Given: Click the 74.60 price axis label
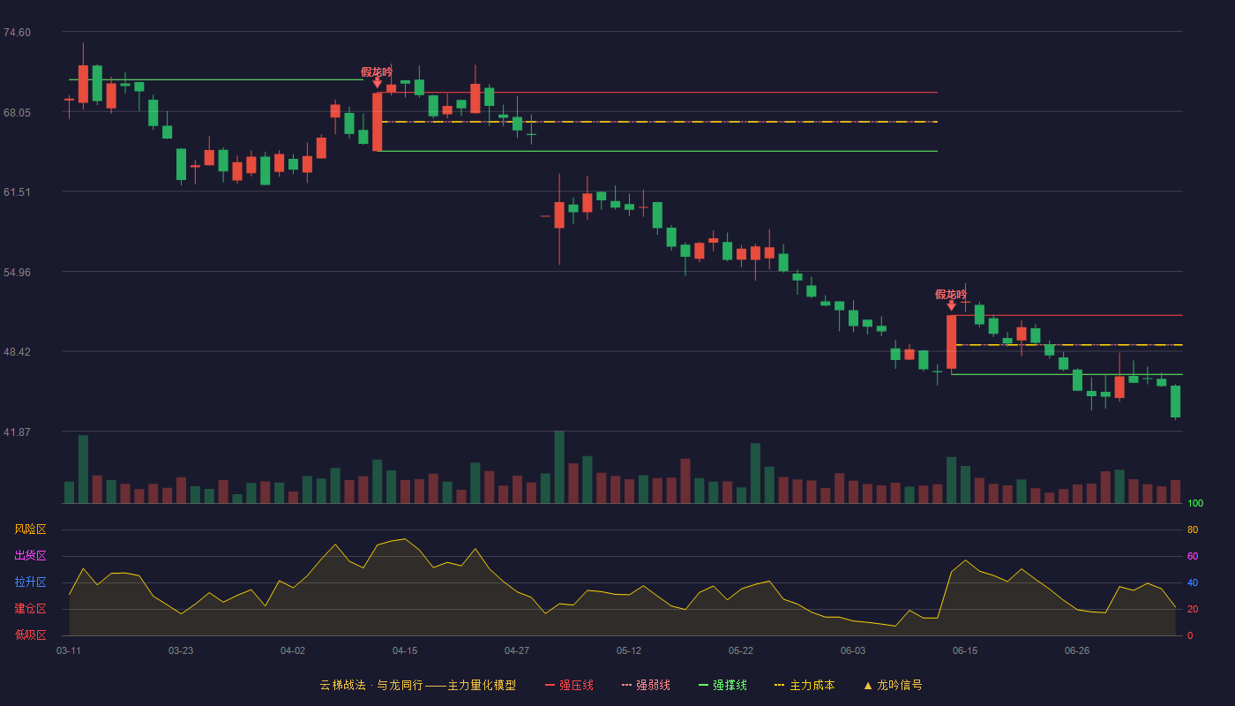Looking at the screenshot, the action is (17, 33).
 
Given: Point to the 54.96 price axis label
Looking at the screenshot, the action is (17, 273).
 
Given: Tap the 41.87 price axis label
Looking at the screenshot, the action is (17, 432).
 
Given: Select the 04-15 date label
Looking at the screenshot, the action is (405, 651).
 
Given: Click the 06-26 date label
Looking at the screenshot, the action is (1077, 651).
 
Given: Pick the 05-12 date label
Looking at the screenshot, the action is (628, 651).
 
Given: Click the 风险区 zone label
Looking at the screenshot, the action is (30, 529).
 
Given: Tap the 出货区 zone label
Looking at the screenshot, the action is (30, 555).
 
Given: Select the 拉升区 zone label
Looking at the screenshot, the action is (30, 582).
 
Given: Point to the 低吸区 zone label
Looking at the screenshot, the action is (30, 635).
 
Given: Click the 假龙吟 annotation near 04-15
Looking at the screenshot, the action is (377, 72).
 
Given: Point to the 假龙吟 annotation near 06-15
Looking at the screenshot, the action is (951, 295).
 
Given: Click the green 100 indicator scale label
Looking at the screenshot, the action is (1195, 503).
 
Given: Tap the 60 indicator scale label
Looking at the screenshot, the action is (1193, 556).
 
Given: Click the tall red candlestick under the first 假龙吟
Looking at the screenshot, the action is (378, 122).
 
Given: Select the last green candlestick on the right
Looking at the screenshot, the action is (1175, 402).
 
